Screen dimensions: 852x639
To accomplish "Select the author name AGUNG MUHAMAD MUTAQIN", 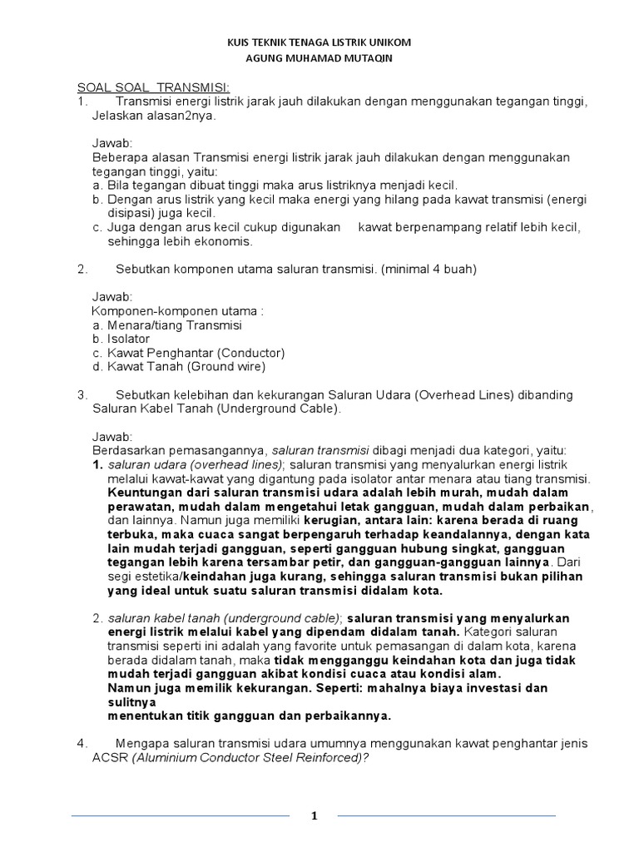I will coord(319,59).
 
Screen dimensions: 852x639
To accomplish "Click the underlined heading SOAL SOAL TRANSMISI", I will coord(154,87).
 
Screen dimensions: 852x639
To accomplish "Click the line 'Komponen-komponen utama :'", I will coord(177,311).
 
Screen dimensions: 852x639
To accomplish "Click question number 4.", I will coord(82,743).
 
